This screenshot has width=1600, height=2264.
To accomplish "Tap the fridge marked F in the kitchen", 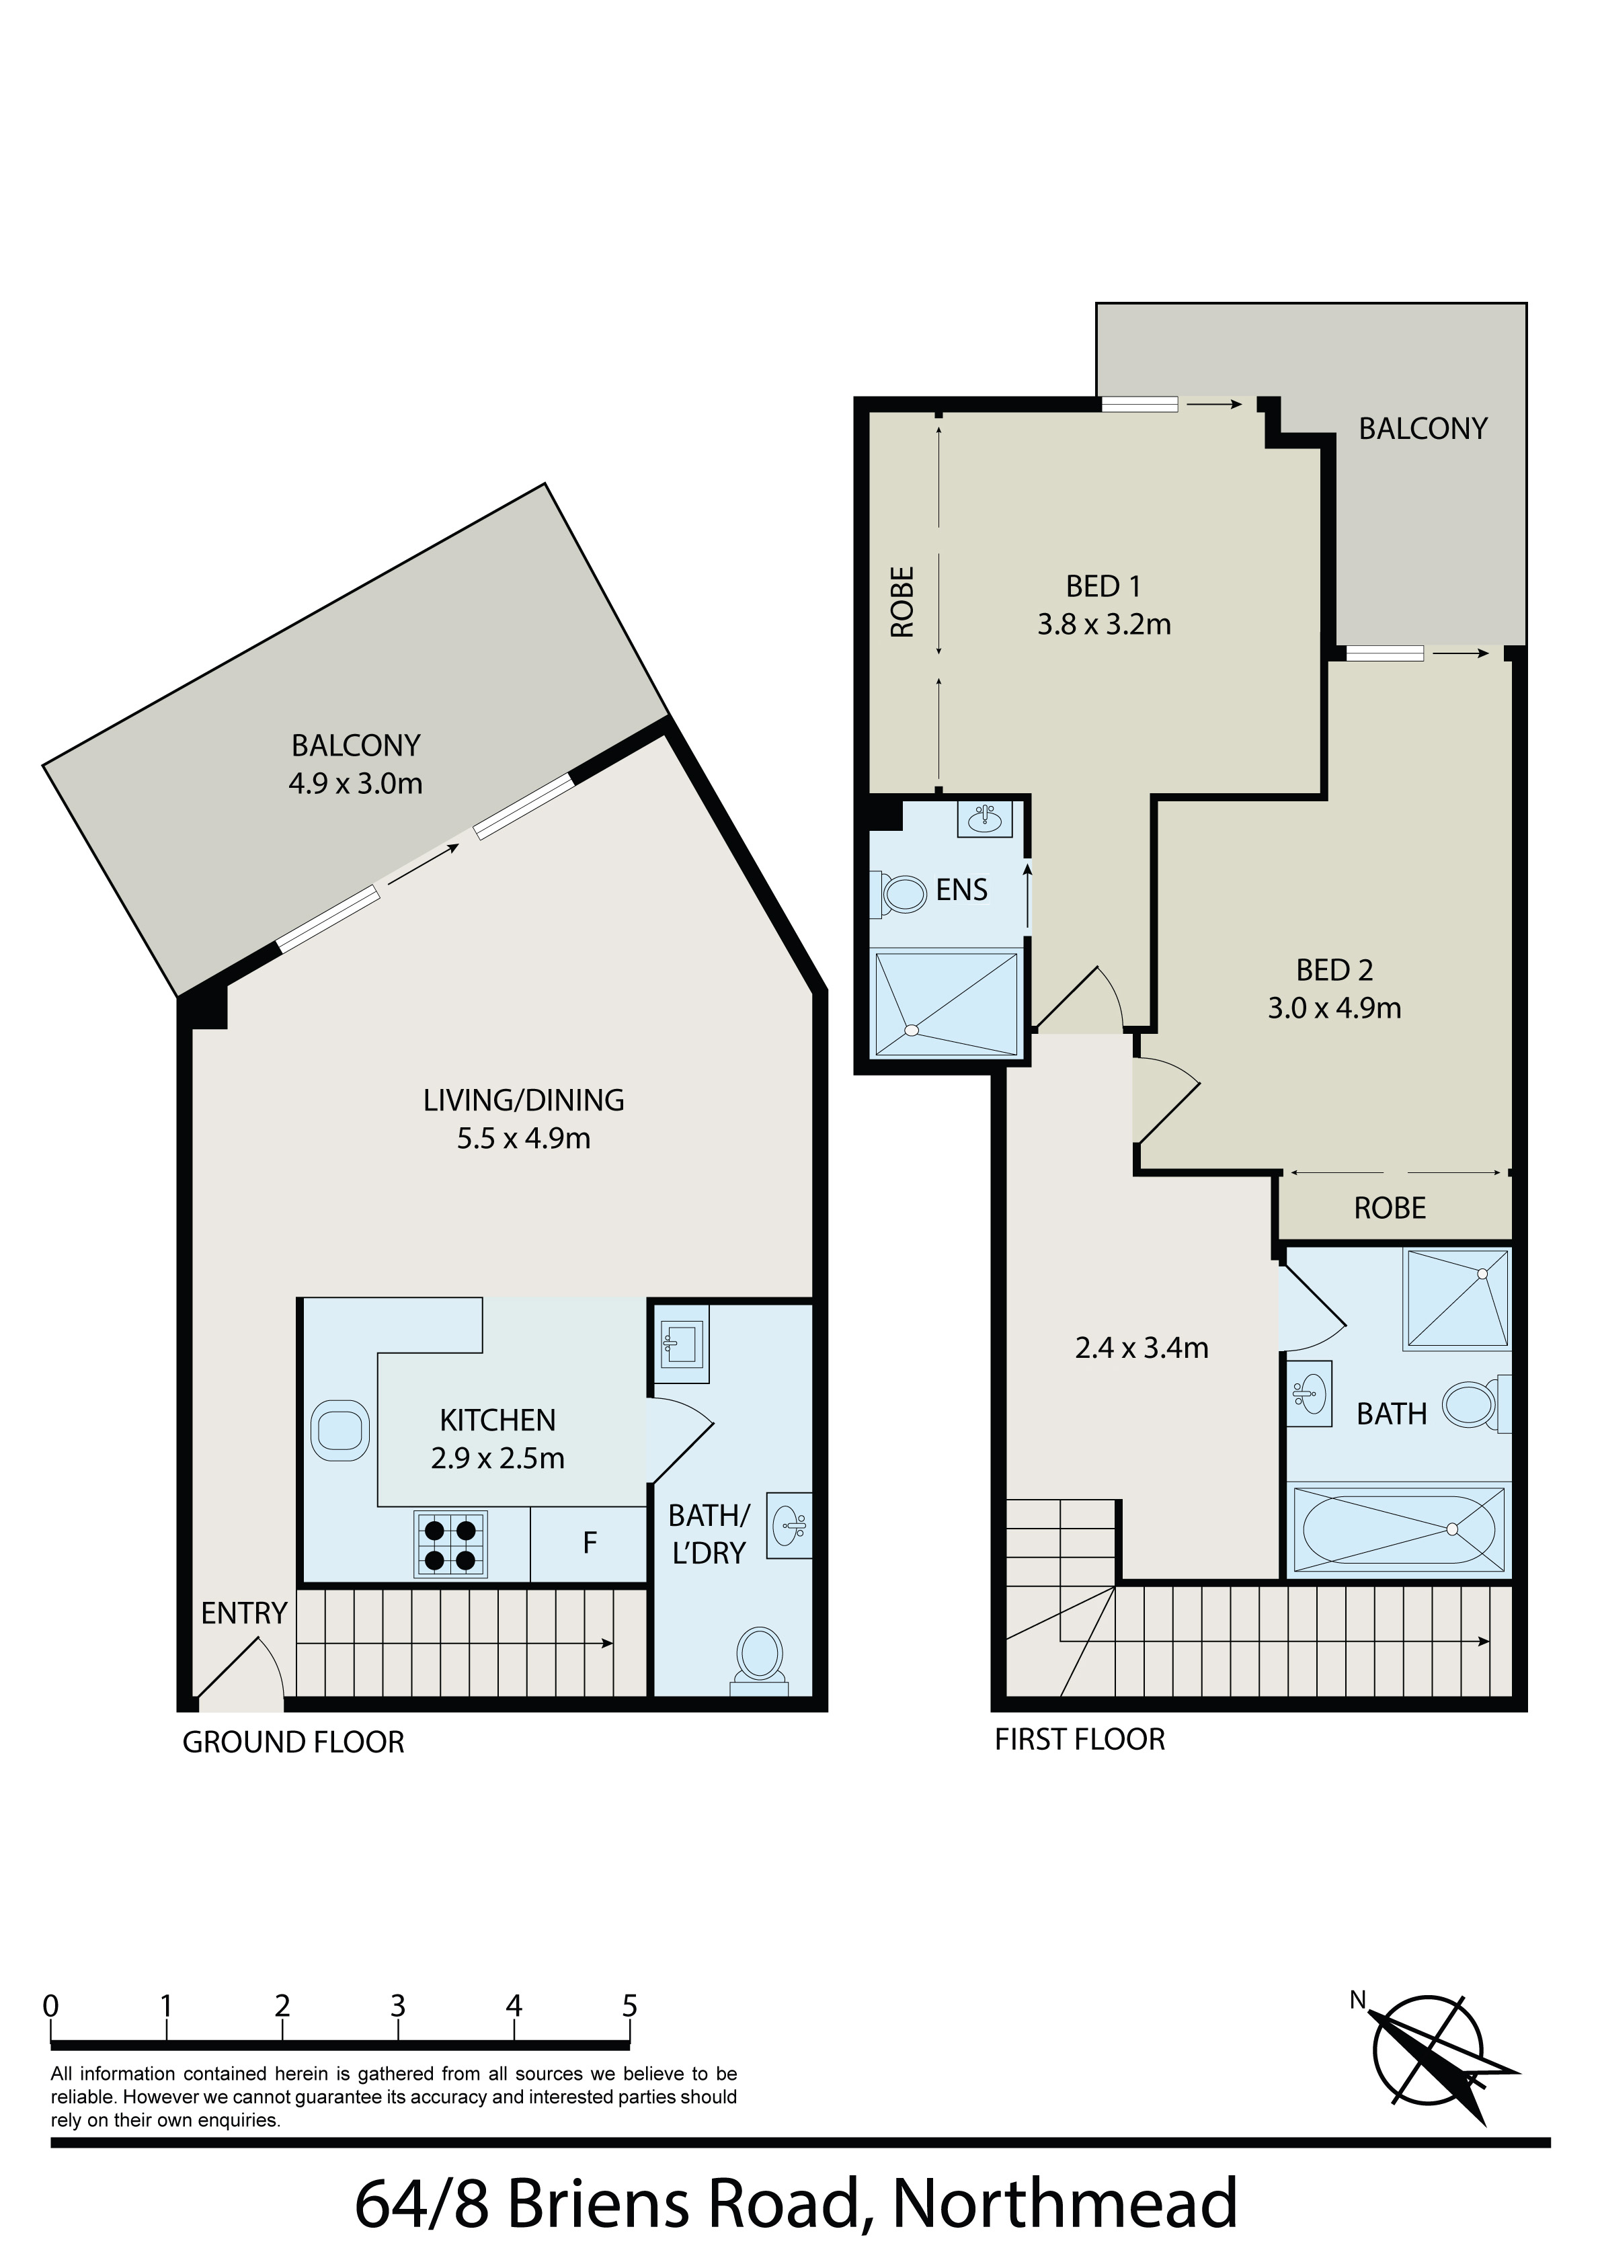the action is [589, 1543].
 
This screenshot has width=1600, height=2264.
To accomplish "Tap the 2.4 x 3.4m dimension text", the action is [1142, 1348].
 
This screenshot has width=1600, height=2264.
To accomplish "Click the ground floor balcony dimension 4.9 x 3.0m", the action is [355, 784].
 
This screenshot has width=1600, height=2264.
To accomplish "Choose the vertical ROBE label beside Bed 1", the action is [903, 602].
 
